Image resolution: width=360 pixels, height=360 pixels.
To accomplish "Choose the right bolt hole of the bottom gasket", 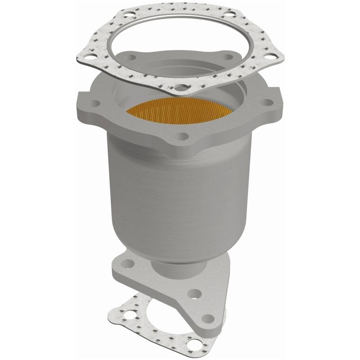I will (x=194, y=344).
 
